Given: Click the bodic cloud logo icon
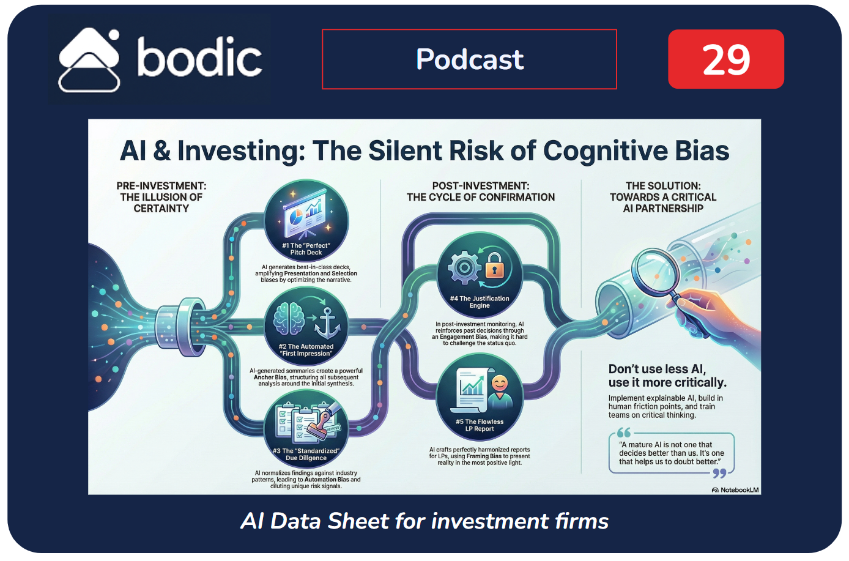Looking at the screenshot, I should [89, 60].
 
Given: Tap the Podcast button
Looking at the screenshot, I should [469, 59].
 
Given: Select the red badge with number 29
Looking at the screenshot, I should [725, 59].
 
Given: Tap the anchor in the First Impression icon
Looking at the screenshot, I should [327, 324].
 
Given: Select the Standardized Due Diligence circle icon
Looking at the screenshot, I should [306, 429].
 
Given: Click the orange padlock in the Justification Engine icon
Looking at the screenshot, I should [494, 267].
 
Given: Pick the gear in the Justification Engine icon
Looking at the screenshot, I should [464, 267].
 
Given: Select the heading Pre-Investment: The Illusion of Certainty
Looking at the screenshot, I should [161, 197].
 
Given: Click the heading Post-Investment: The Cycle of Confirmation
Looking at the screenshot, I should [481, 191].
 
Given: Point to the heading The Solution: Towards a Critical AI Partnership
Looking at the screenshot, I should [663, 197].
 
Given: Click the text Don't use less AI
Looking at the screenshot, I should [657, 369].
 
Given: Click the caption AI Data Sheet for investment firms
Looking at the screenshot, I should [424, 521].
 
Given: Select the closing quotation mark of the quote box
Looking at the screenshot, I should [719, 473].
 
